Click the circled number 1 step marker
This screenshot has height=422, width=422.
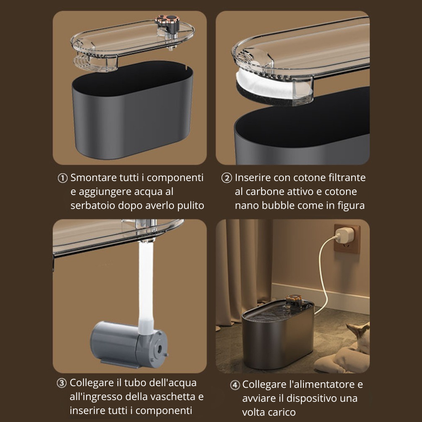[62, 178]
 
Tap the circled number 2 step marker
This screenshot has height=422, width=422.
[227, 178]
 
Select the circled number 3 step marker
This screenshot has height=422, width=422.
[62, 383]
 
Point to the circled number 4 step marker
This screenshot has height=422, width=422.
[235, 385]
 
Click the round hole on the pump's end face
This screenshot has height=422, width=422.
[160, 349]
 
